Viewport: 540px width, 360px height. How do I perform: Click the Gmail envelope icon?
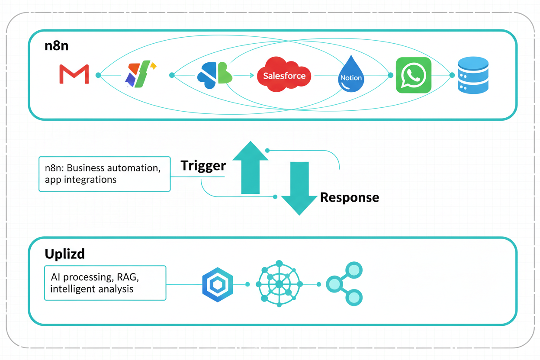click(x=74, y=74)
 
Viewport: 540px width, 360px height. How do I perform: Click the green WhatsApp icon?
click(x=414, y=75)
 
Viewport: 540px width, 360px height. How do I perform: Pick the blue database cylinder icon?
click(x=473, y=75)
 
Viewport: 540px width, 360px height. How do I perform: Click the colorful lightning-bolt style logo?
click(x=139, y=74)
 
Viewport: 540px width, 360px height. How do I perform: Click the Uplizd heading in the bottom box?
click(x=64, y=254)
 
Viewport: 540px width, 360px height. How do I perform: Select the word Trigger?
click(x=203, y=166)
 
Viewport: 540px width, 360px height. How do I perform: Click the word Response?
click(x=349, y=198)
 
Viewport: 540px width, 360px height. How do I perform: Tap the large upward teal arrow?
click(x=250, y=167)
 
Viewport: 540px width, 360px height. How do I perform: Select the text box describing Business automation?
click(x=104, y=174)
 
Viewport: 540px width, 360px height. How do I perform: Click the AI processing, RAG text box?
click(x=105, y=283)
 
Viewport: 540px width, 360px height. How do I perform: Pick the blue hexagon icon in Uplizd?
click(x=218, y=284)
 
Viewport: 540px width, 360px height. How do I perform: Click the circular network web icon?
click(x=279, y=284)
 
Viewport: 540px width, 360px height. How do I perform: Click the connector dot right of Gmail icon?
click(x=98, y=75)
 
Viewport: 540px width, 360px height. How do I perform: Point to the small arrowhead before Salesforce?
click(x=252, y=75)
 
